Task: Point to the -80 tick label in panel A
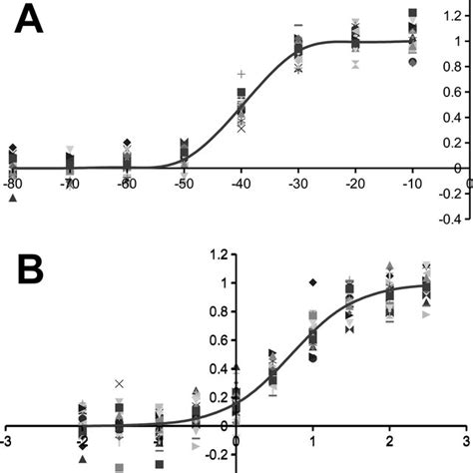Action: click(x=12, y=185)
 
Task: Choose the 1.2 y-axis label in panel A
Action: click(x=451, y=15)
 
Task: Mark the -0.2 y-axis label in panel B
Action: click(x=216, y=451)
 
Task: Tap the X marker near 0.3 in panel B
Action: click(x=120, y=383)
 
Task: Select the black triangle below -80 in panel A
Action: click(x=12, y=198)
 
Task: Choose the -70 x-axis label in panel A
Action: click(x=69, y=185)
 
